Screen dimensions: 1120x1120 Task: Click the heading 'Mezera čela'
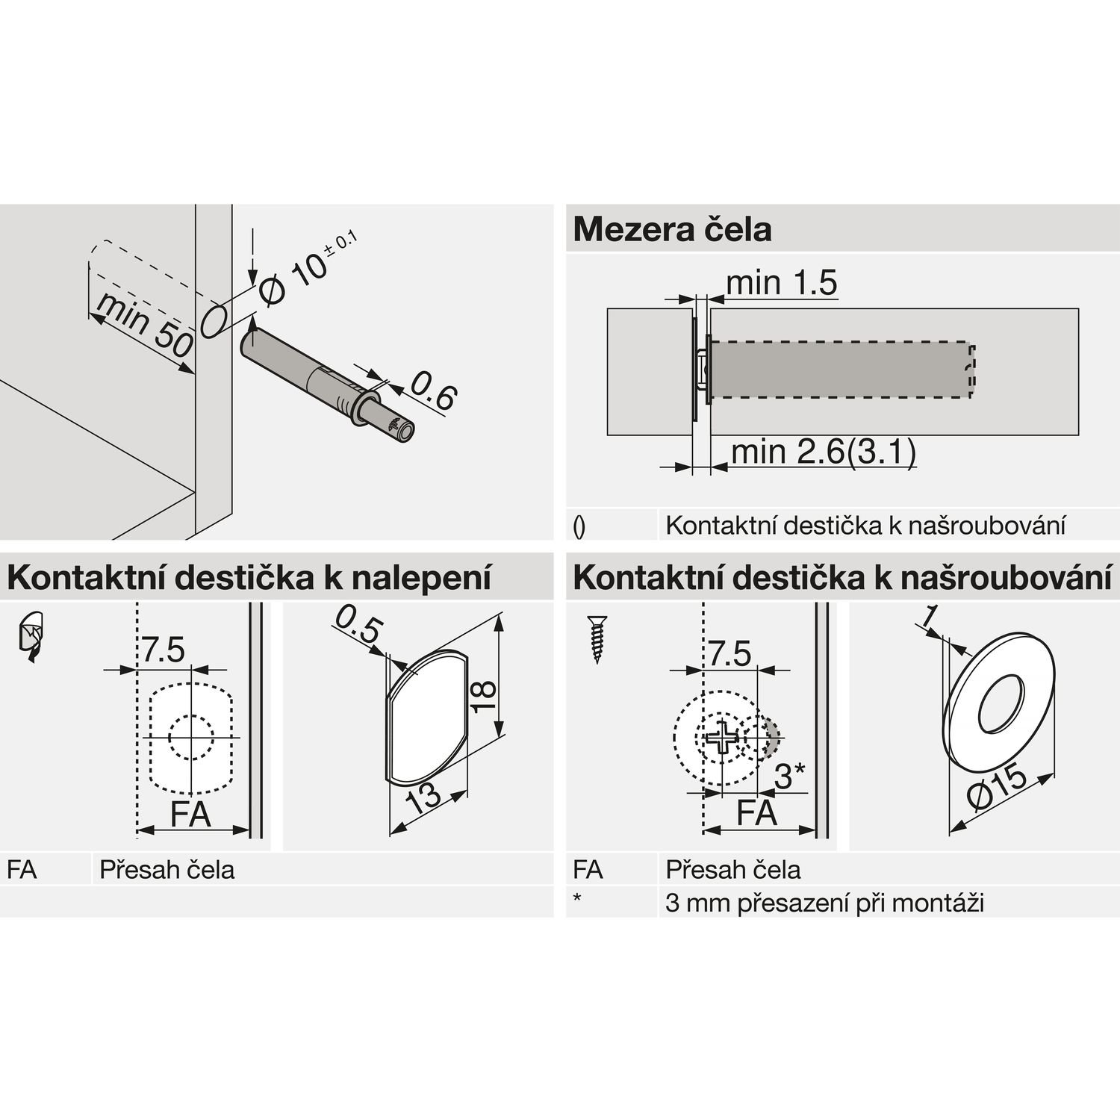[672, 229]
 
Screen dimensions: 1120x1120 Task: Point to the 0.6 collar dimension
[433, 391]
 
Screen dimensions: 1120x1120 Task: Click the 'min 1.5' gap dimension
[781, 283]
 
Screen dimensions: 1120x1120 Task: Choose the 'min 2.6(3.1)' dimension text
[824, 452]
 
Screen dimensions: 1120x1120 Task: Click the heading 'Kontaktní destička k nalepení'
[249, 578]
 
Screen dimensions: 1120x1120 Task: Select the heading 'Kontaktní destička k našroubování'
[843, 578]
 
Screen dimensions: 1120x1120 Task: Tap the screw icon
[597, 639]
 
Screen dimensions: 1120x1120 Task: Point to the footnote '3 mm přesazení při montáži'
[824, 903]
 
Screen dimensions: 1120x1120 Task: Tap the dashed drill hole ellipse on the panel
[214, 320]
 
